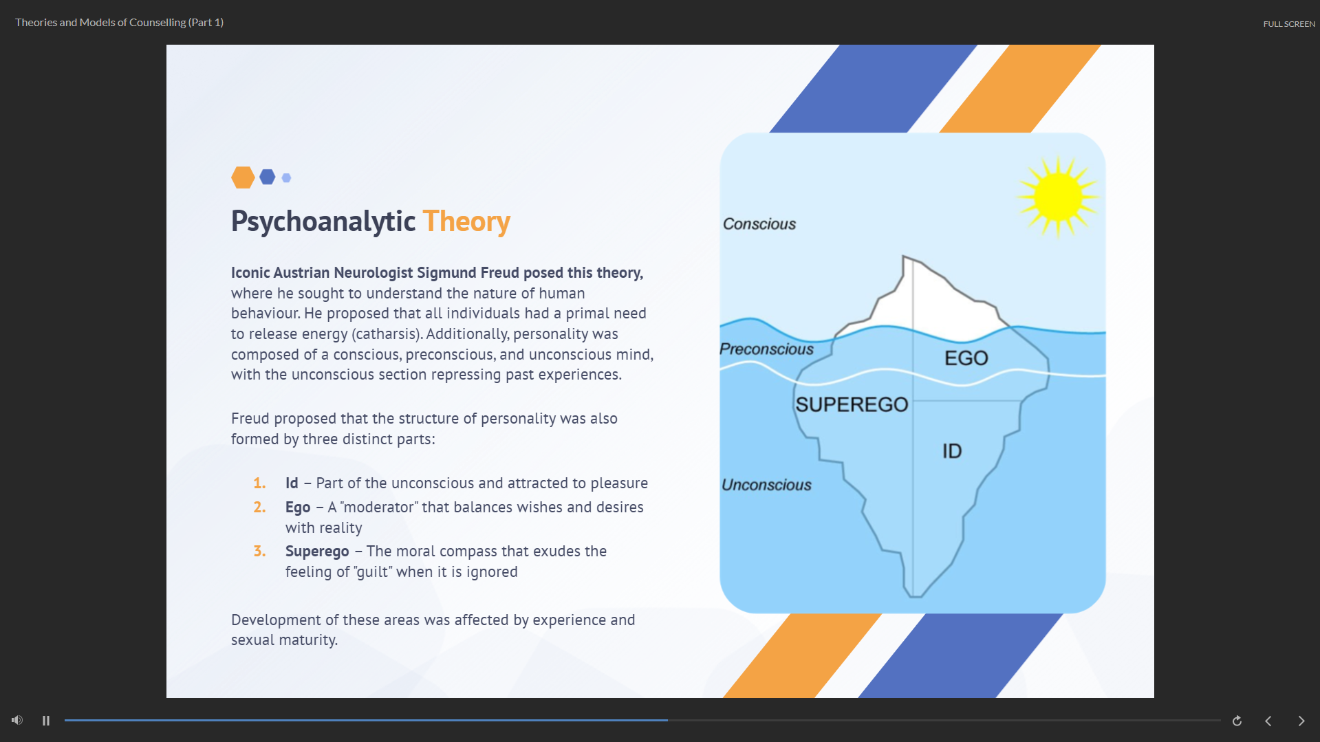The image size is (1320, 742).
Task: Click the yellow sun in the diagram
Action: click(x=1058, y=197)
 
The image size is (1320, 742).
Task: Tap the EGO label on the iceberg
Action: click(x=966, y=358)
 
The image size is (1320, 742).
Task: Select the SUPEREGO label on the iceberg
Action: click(x=852, y=404)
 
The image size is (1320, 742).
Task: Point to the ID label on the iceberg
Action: click(x=952, y=451)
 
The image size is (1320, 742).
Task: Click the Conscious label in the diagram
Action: click(x=759, y=224)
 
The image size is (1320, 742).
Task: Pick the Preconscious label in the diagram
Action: click(x=766, y=349)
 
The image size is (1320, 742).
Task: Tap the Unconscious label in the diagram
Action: click(x=766, y=485)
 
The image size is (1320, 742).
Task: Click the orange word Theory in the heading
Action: click(x=466, y=221)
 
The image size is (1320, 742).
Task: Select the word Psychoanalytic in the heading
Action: click(x=323, y=221)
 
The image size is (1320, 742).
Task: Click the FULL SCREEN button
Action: click(x=1289, y=24)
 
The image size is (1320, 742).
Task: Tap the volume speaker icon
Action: click(x=17, y=720)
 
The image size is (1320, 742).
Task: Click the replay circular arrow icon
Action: click(x=1237, y=721)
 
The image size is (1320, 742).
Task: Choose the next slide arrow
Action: click(x=1301, y=721)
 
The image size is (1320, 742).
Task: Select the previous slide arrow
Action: click(x=1268, y=721)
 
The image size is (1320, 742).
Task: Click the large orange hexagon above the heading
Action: click(x=243, y=177)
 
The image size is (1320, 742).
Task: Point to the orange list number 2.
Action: click(x=259, y=508)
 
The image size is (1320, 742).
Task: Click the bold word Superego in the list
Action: click(x=317, y=552)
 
